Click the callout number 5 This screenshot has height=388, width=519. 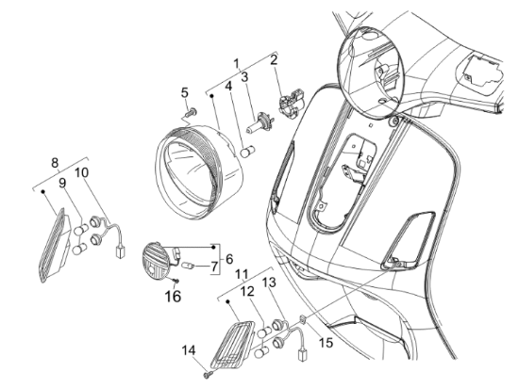click(185, 93)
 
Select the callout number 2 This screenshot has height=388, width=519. click(274, 60)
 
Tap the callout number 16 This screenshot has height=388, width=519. click(173, 297)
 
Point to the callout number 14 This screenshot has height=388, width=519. click(189, 350)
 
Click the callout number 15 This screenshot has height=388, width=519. click(326, 343)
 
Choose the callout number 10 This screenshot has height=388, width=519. click(82, 172)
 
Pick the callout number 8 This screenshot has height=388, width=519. click(55, 163)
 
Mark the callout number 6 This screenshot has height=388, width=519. click(229, 259)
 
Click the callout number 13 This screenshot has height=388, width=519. click(269, 283)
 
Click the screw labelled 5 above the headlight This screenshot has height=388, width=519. click(192, 112)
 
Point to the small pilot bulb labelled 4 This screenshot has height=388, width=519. click(246, 153)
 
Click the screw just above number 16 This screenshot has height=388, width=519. click(176, 281)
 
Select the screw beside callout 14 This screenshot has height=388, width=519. click(209, 374)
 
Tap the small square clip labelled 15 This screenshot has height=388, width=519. click(303, 318)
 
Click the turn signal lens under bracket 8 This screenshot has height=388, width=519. click(55, 245)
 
